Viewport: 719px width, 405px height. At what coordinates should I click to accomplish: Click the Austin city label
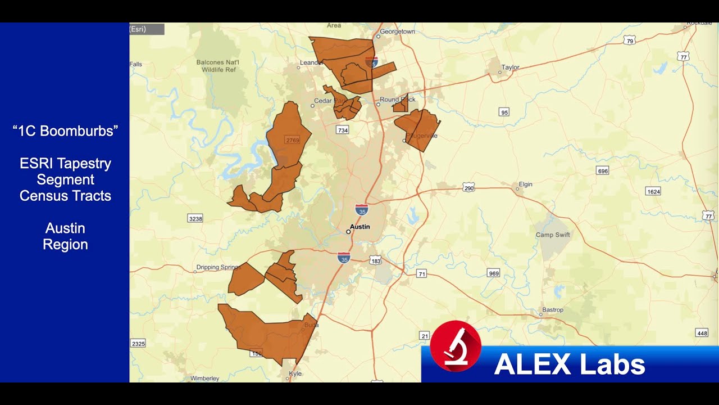pos(359,227)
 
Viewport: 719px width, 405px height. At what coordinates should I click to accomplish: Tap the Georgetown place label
pos(397,31)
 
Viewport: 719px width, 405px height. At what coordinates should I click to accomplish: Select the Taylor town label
pos(510,67)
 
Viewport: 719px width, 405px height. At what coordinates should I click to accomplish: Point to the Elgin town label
pos(525,184)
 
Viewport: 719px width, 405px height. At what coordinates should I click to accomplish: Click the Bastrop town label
pos(552,310)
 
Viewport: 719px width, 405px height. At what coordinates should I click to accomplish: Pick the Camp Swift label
pos(552,235)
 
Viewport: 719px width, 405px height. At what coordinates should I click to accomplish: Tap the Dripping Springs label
pos(219,267)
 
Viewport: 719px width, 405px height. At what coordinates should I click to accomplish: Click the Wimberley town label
pos(204,379)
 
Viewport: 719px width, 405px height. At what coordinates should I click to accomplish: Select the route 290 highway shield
pos(469,188)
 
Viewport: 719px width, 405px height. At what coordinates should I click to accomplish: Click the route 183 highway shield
pos(376,261)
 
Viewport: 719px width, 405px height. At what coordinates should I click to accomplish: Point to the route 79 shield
pos(630,41)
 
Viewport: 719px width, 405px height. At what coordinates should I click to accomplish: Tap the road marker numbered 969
pos(494,273)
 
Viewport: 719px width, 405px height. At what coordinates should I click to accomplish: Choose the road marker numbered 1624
pos(653,191)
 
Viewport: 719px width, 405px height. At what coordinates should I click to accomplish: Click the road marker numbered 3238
pos(194,218)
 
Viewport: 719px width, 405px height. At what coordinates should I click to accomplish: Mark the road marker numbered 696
pos(603,171)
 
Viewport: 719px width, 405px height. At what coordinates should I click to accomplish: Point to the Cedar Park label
pos(323,101)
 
